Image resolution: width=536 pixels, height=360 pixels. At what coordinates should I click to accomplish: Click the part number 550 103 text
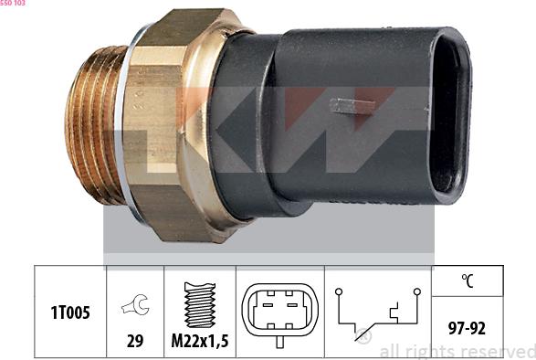click(x=13, y=3)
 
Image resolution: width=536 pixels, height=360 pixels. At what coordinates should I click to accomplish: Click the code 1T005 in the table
click(x=70, y=312)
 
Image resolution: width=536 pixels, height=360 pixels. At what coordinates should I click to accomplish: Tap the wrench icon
click(x=135, y=304)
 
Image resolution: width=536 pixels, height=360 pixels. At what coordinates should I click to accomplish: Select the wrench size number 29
click(x=135, y=341)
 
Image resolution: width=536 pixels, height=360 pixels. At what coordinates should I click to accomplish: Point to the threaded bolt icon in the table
click(x=200, y=304)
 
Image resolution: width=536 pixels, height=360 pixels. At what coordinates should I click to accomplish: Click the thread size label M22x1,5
click(x=200, y=341)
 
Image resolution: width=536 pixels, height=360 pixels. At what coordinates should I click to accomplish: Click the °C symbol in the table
click(x=468, y=281)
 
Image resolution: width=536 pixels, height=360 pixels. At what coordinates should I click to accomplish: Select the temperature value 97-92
click(x=467, y=328)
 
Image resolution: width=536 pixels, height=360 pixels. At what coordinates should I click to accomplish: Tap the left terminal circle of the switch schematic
click(x=339, y=291)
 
